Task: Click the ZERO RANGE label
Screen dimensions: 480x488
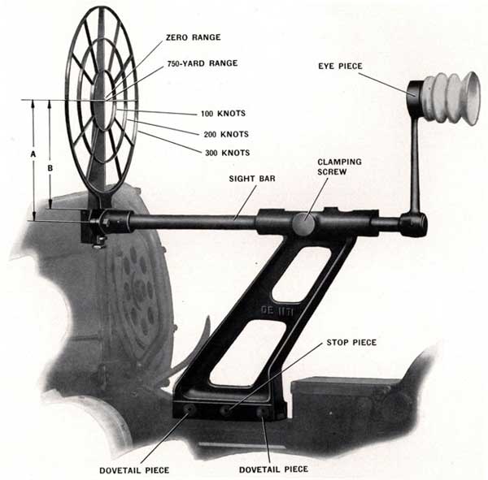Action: pyautogui.click(x=193, y=37)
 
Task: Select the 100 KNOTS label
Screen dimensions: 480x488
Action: pyautogui.click(x=223, y=114)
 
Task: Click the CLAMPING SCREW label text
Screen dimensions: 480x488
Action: pyautogui.click(x=339, y=167)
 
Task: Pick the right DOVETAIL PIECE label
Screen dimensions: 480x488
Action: pyautogui.click(x=274, y=469)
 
